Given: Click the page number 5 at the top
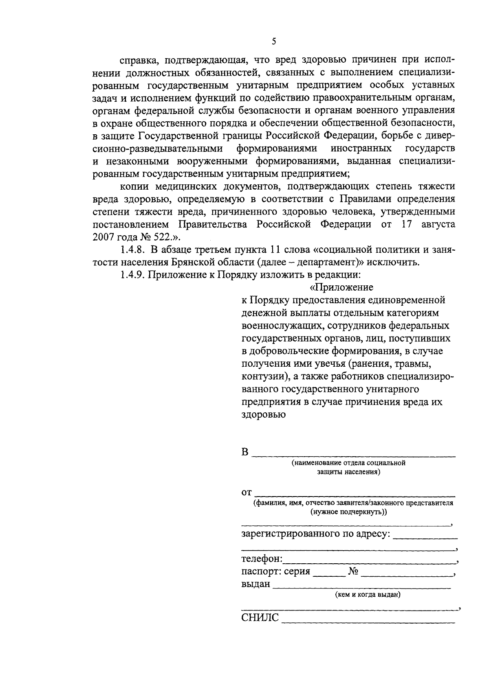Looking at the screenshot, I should (x=274, y=41).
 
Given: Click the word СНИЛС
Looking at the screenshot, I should (x=260, y=618).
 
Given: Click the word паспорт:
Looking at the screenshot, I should (x=259, y=571).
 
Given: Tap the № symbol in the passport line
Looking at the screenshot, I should (x=353, y=571).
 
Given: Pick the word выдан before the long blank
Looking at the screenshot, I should (x=256, y=584).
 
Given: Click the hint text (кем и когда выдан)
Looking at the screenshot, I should (x=368, y=595).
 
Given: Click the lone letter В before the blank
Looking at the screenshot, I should (x=245, y=452).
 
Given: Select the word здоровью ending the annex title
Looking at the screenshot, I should (x=263, y=415).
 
